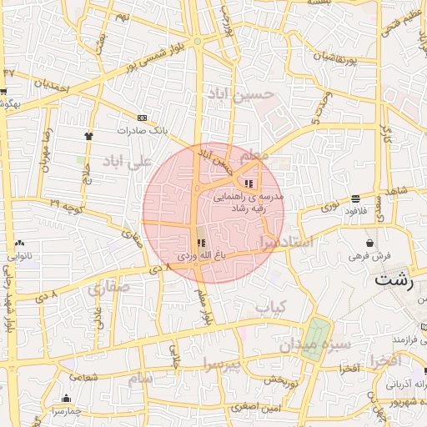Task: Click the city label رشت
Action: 394,279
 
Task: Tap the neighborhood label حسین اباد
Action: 250,94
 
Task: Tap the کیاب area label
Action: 271,307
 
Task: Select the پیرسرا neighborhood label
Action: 222,363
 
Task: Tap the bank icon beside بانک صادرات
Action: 143,118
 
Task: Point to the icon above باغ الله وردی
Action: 200,243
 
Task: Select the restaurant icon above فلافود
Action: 357,198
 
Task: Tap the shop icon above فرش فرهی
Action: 359,242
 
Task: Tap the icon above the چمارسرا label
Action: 67,399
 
